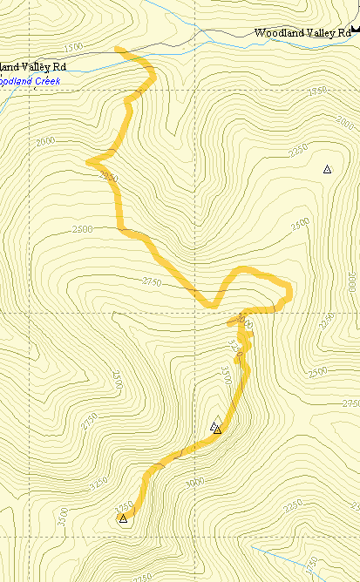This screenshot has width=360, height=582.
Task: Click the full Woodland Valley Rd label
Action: click(x=302, y=33)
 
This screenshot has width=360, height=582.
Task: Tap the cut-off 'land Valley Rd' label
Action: click(x=33, y=66)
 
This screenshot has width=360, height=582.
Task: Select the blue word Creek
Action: click(x=44, y=81)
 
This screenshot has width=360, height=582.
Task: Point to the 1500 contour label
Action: click(x=73, y=46)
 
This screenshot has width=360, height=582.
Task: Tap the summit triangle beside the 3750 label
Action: click(x=123, y=519)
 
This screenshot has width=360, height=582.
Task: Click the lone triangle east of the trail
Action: click(x=327, y=169)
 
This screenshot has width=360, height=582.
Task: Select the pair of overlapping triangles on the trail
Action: click(x=215, y=428)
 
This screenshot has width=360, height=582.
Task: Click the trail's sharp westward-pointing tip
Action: click(x=88, y=161)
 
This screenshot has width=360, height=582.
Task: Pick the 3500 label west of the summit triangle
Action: click(x=62, y=518)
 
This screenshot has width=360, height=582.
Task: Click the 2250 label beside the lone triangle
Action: click(x=298, y=151)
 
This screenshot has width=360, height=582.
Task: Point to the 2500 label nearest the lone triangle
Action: click(x=300, y=224)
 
